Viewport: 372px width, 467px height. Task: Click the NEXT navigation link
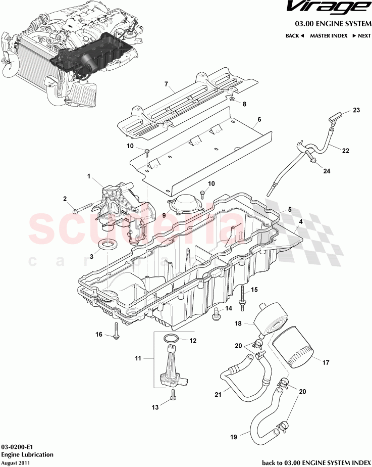(361, 36)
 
